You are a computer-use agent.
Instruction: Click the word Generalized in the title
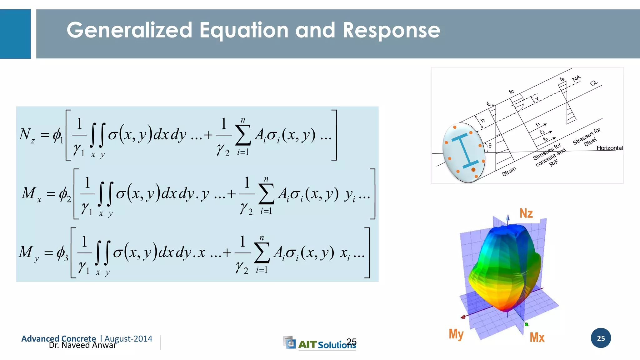129,31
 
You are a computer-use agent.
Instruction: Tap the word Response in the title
391,31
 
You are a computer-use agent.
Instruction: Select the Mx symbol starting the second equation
31,194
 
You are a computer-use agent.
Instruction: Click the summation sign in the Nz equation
243,135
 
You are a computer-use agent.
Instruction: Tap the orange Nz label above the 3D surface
526,213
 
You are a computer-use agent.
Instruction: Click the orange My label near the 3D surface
456,334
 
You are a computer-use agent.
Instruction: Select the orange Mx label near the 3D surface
537,337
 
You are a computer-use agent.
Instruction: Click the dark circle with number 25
601,338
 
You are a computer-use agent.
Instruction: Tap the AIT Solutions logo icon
289,342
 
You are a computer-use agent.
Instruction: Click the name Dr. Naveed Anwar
82,345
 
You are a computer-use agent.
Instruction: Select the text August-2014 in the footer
128,339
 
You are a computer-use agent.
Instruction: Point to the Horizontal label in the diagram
609,148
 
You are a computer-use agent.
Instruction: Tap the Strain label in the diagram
509,172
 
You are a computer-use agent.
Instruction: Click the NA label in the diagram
576,78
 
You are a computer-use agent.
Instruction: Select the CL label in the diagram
594,83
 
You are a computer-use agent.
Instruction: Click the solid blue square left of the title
15,34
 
